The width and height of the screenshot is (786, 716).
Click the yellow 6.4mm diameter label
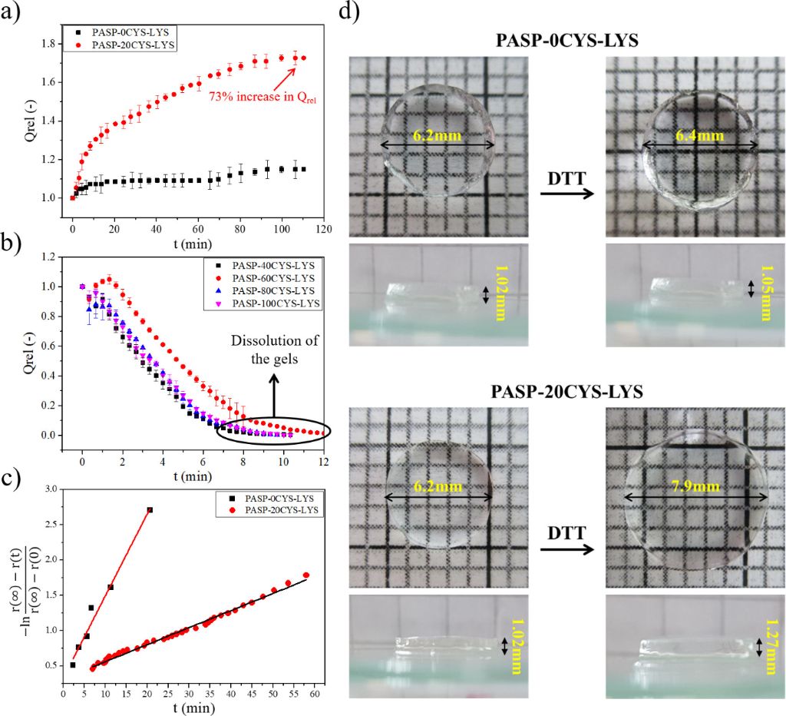click(x=698, y=135)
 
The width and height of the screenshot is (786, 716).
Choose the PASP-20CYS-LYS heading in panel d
click(x=567, y=391)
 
